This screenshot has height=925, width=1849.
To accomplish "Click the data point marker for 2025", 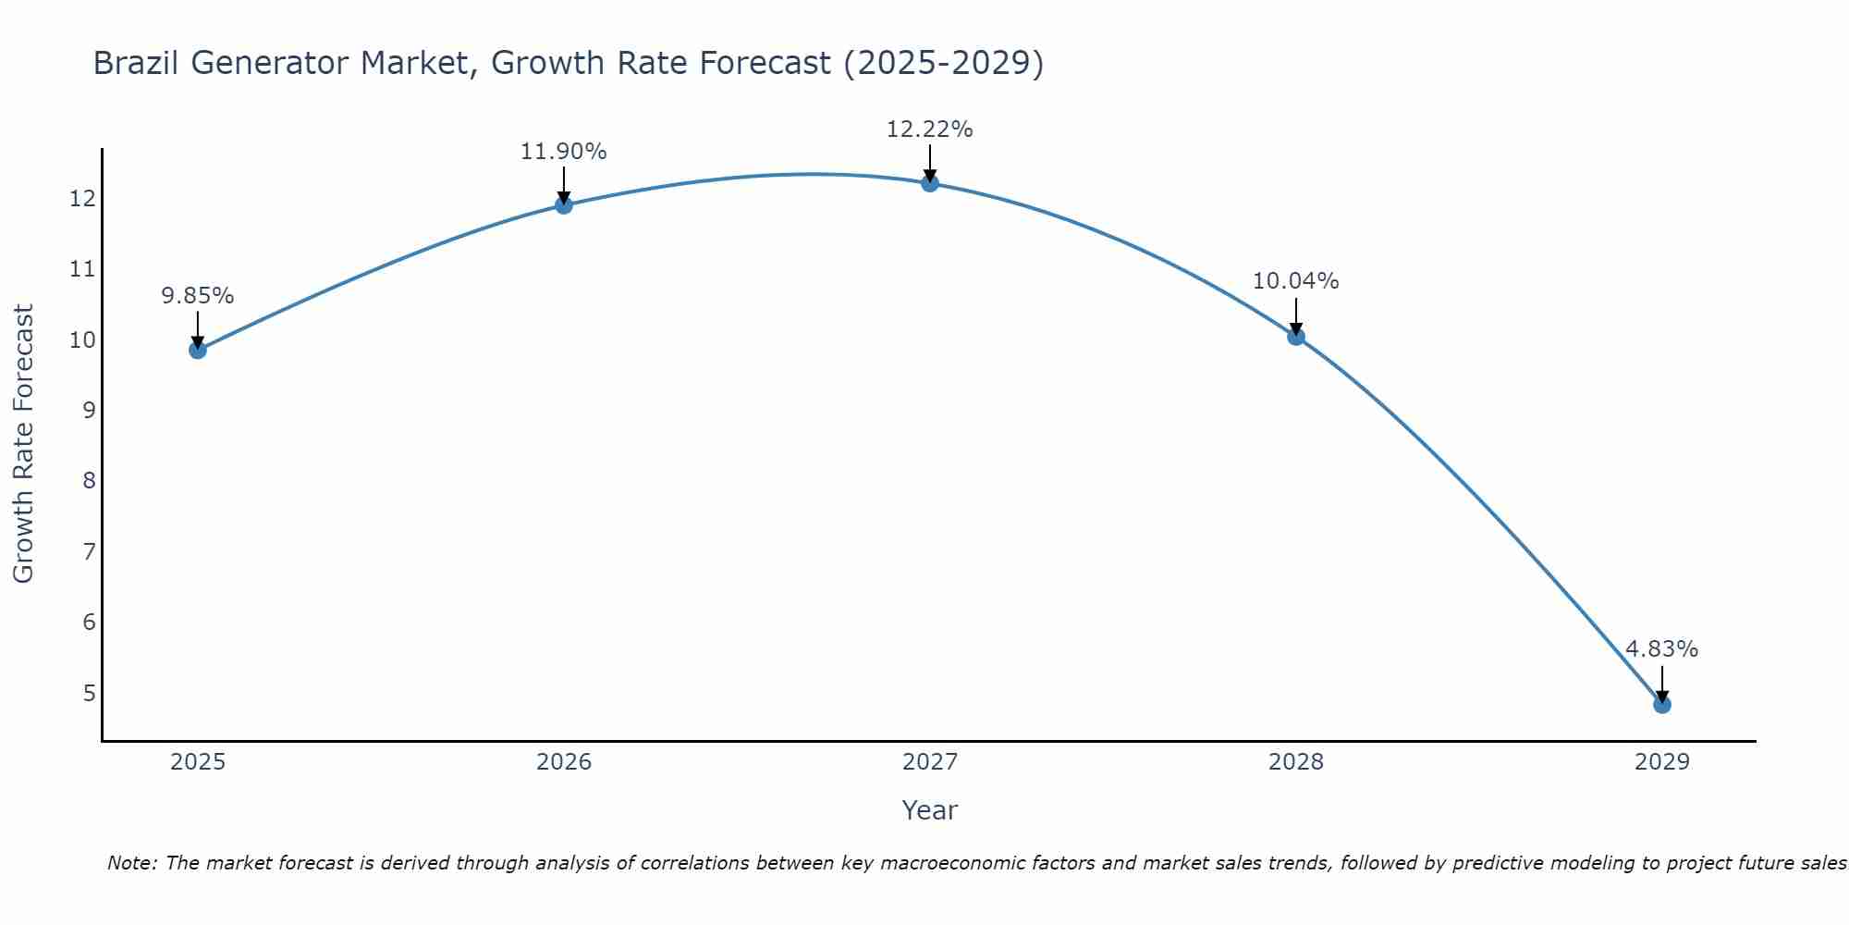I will tap(197, 350).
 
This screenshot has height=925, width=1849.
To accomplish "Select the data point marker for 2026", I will tap(563, 204).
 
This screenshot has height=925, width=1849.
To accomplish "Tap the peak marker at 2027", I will tap(929, 182).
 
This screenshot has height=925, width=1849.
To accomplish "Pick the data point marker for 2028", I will tap(1295, 336).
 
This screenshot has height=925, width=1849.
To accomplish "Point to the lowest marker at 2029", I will tap(1661, 704).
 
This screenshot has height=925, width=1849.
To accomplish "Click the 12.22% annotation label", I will tap(929, 129).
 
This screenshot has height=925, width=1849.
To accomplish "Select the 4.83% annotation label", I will tap(1661, 649).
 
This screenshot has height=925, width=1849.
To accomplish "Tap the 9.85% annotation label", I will tap(197, 296).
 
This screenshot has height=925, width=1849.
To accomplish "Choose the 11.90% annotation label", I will tap(563, 152).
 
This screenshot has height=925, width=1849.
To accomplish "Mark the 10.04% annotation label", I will tap(1295, 281).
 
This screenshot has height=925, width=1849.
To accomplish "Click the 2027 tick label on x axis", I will tap(929, 762).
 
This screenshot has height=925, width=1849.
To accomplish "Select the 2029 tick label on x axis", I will tap(1661, 762).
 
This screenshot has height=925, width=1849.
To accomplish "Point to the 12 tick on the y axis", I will tap(82, 199).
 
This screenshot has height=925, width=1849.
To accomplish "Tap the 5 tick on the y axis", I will tap(89, 693).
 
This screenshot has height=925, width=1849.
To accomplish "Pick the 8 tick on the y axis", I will tap(89, 481).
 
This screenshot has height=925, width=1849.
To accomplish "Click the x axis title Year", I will tap(929, 810).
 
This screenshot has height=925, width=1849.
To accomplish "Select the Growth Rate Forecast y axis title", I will tap(23, 444).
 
